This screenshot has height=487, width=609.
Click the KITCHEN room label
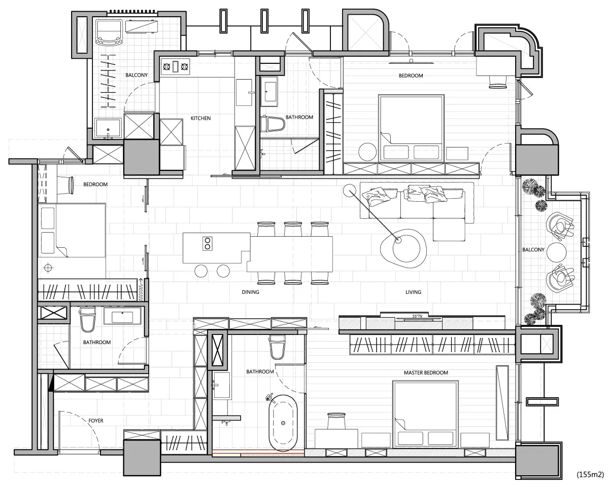(200, 118)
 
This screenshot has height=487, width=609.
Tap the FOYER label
(95, 421)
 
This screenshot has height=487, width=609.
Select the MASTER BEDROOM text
(426, 373)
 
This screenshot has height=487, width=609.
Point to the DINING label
(250, 292)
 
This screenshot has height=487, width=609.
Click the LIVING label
(413, 292)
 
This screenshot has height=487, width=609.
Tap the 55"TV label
(417, 316)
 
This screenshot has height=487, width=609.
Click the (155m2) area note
(590, 474)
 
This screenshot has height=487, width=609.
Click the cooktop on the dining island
(207, 244)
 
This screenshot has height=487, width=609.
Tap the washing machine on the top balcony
(109, 32)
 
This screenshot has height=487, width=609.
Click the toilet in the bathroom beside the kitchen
(273, 124)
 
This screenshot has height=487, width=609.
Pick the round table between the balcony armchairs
(557, 252)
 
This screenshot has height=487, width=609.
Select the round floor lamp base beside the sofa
(349, 191)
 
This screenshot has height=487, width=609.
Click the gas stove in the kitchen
(176, 67)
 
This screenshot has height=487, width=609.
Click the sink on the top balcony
(108, 128)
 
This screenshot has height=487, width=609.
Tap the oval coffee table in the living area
(403, 249)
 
